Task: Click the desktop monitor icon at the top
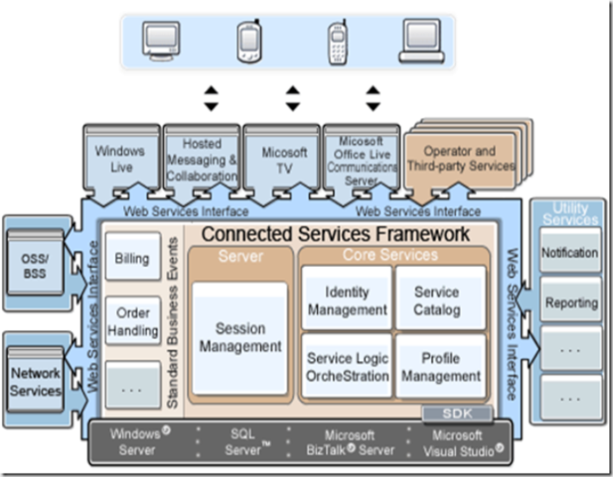coord(161,40)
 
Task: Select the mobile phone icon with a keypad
coord(336,41)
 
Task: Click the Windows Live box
coord(119,159)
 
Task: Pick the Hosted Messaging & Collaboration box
coord(202,159)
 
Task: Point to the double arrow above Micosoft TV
coord(292,98)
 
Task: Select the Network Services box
coord(36,381)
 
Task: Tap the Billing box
coord(133,259)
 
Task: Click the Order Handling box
coord(133,322)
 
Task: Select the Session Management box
coord(239,338)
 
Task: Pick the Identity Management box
coord(346,300)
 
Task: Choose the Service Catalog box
coord(437,300)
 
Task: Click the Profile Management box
coord(440,367)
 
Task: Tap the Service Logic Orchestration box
coord(347,367)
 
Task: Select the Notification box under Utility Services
coord(569,253)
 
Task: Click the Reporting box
coord(569,301)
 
